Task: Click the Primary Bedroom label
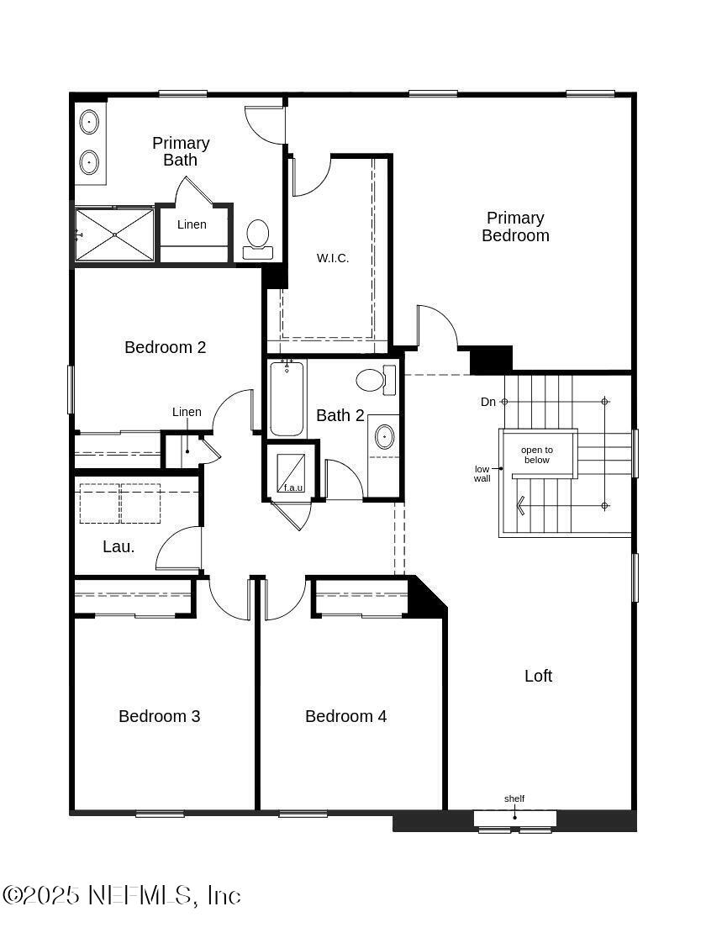[x=515, y=227]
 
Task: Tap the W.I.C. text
[x=333, y=258]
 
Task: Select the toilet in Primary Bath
[x=258, y=238]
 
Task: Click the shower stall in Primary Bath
[x=114, y=234]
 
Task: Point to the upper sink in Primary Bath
[x=90, y=123]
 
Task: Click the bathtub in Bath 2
[x=287, y=398]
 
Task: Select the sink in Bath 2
[x=383, y=436]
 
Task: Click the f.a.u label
[x=293, y=487]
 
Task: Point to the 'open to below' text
[x=537, y=455]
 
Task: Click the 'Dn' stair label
[x=488, y=402]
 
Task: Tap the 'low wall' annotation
[x=482, y=473]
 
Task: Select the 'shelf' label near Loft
[x=514, y=798]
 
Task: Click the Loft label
[x=539, y=676]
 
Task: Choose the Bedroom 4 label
[x=346, y=716]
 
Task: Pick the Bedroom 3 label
[x=160, y=716]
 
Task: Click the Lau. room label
[x=119, y=546]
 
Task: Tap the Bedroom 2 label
[x=166, y=347]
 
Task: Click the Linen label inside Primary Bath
[x=192, y=224]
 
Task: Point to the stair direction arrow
[x=523, y=505]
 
